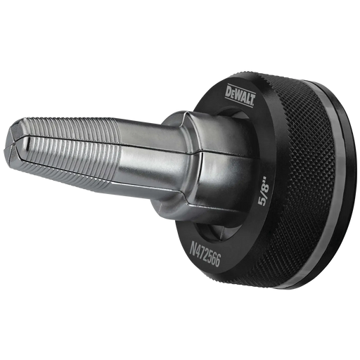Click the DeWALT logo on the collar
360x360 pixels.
tap(240, 96)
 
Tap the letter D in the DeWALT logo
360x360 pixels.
tap(229, 91)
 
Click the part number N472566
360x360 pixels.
tap(205, 255)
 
